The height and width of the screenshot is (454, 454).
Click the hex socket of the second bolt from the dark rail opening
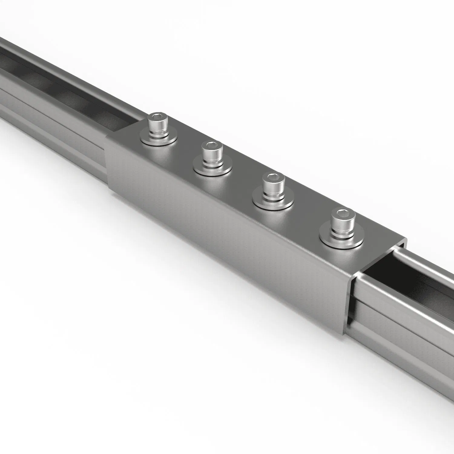tap(274, 177)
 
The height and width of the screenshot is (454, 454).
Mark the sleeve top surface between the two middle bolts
tap(242, 169)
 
